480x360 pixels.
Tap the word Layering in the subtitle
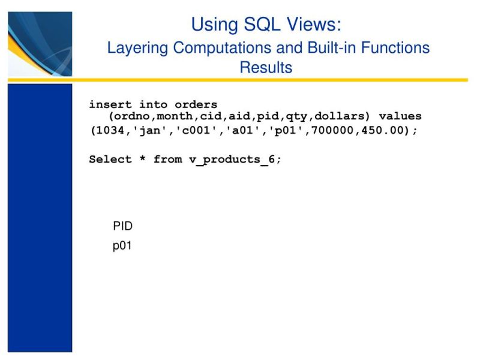point(137,48)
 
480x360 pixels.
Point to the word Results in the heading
point(266,67)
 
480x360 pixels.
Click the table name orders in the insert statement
point(196,105)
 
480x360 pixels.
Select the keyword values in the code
point(400,116)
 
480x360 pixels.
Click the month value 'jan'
point(150,131)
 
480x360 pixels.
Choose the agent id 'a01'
point(246,131)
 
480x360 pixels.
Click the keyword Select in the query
point(110,160)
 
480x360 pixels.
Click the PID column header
point(122,226)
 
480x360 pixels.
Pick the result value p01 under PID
point(122,246)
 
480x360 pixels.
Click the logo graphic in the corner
point(40,44)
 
